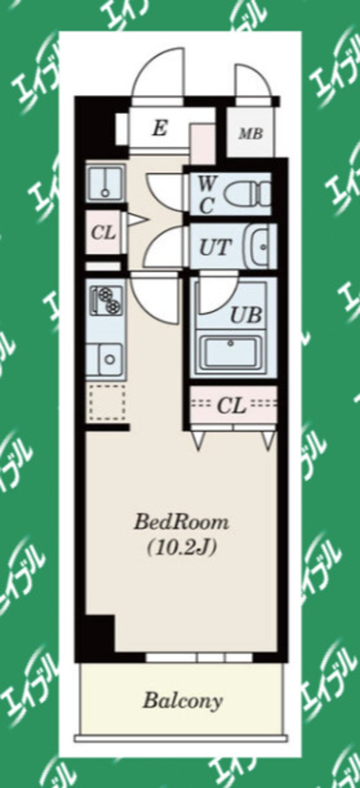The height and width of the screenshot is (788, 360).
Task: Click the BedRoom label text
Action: tap(181, 522)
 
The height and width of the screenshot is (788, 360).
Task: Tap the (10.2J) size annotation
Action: tap(182, 548)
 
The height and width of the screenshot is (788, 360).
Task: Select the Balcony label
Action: tap(183, 700)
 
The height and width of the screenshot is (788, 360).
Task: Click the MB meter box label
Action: tap(251, 134)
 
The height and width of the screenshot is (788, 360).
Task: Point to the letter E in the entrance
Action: tap(160, 128)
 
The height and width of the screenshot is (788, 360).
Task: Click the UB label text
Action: tap(246, 316)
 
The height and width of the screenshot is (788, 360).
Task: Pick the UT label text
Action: tap(216, 247)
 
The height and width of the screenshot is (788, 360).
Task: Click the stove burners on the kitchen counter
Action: tap(106, 300)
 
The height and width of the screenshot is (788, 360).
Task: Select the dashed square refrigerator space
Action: tap(106, 403)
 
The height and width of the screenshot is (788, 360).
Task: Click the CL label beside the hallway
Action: tap(103, 233)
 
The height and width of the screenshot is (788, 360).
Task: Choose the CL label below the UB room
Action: tap(232, 406)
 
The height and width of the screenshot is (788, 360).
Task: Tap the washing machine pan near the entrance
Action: tap(106, 184)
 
